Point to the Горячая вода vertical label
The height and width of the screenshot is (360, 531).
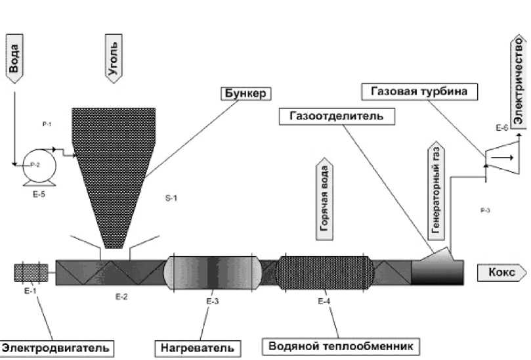[324, 199]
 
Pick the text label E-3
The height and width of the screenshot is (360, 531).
[211, 301]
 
